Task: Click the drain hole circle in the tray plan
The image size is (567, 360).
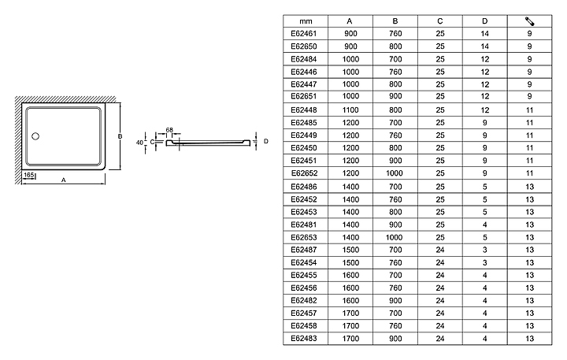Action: coord(35,136)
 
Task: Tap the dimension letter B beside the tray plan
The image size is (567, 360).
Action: coord(119,136)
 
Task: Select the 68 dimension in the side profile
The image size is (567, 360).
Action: coord(169,129)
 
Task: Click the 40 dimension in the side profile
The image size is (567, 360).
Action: coord(139,143)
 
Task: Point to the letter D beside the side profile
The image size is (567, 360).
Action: coord(266,141)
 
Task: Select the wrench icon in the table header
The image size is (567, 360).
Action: coord(529,20)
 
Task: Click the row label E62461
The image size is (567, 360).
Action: coord(303,34)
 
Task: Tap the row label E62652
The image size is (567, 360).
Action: coord(303,173)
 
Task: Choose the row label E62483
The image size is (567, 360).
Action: coord(303,337)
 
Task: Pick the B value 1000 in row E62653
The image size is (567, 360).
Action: coord(395,236)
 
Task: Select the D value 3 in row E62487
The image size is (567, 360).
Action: coord(485,249)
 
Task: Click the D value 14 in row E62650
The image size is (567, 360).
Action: coord(485,46)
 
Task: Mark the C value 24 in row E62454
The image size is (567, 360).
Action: coord(439,262)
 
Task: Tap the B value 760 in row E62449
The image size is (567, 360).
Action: coord(395,135)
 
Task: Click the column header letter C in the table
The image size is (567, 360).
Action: coord(439,20)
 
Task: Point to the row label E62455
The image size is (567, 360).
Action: coord(303,274)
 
